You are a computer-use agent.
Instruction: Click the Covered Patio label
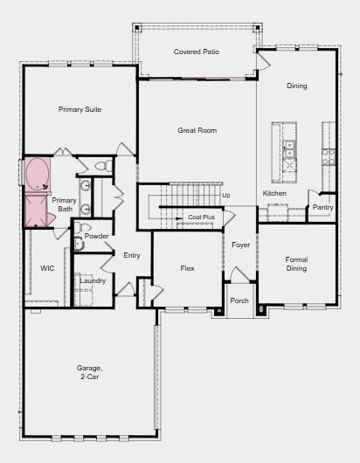point(196,52)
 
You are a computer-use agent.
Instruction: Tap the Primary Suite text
point(80,109)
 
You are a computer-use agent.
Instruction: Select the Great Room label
point(197,130)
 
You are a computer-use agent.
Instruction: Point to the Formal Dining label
point(297,264)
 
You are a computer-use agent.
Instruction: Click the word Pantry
point(323,207)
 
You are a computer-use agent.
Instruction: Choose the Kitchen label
point(274,193)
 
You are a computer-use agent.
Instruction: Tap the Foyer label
point(241,245)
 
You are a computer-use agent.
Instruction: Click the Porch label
point(239,301)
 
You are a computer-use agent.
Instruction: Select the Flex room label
point(187,268)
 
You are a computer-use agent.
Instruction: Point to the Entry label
point(132,255)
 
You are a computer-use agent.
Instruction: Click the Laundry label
point(92,280)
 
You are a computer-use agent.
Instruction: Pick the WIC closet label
point(47,268)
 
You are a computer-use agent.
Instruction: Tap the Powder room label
point(97,236)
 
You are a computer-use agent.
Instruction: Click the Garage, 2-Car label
point(89,372)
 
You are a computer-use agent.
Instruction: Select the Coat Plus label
point(201,217)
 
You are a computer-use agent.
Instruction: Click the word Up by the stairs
point(226,195)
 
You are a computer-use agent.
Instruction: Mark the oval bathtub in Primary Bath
point(38,175)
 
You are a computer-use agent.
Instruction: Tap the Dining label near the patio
point(297,86)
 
